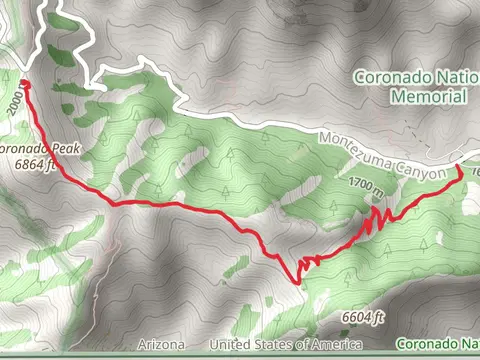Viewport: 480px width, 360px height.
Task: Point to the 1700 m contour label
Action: click(x=368, y=185)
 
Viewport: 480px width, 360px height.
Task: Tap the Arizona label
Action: click(x=162, y=344)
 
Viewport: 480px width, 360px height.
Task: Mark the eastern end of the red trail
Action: click(x=460, y=168)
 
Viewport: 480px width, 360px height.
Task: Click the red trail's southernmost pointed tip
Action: click(x=298, y=282)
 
